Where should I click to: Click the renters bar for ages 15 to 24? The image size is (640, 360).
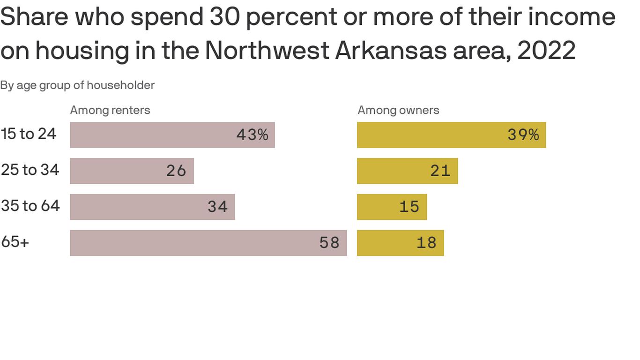(172, 135)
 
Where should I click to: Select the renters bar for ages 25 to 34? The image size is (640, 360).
(132, 171)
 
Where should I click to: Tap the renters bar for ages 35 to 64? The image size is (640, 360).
(152, 207)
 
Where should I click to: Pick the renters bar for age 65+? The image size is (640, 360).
(208, 243)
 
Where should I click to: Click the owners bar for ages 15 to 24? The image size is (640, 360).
(451, 135)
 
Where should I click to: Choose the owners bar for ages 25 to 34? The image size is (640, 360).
(407, 171)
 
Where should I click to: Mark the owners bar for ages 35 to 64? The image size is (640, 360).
(392, 207)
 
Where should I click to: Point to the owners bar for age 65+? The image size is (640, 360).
(400, 243)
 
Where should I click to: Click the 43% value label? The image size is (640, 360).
(252, 135)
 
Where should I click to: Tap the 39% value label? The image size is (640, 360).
(523, 135)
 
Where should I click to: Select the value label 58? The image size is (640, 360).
(329, 243)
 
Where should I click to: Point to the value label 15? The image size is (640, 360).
(409, 207)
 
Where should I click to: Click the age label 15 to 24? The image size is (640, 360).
(29, 134)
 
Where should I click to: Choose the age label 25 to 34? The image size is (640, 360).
(30, 170)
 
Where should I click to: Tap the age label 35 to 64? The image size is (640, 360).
(30, 206)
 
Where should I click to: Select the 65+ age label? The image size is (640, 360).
(15, 242)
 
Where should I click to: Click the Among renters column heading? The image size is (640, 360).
(110, 110)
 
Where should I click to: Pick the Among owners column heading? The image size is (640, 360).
(398, 110)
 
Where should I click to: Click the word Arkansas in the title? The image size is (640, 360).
(390, 51)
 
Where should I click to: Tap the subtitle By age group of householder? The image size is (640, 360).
(77, 85)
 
